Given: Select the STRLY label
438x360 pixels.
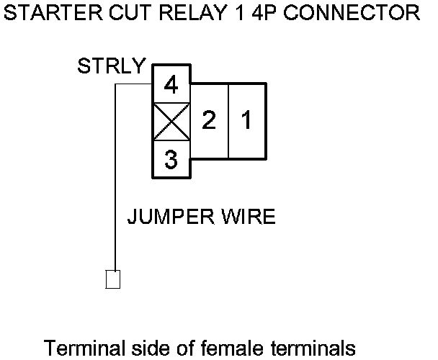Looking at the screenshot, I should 112,68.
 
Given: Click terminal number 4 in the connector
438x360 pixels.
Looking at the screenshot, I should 171,86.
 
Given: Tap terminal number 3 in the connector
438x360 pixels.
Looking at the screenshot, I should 171,160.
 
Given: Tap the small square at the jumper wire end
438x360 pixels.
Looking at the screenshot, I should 113,279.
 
